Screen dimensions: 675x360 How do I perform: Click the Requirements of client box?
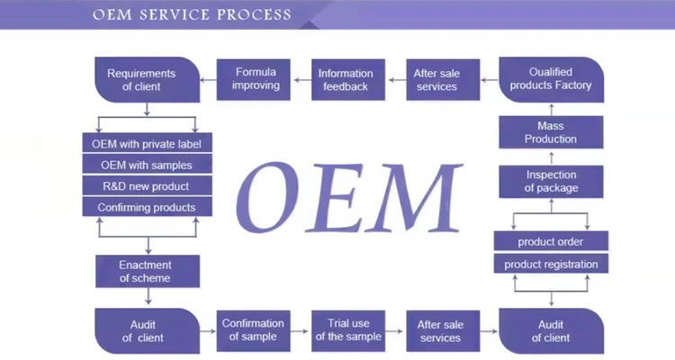[148, 80]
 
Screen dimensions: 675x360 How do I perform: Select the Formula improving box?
[254, 80]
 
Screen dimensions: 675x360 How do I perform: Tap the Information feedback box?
[348, 80]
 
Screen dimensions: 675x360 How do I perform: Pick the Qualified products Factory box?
[552, 80]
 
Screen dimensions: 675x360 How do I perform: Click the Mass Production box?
[551, 132]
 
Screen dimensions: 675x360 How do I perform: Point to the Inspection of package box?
[551, 182]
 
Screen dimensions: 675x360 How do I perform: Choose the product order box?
[551, 241]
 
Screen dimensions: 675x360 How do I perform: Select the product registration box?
[551, 264]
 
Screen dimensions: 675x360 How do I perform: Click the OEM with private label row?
[148, 143]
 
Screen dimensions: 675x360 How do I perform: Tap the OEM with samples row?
[148, 165]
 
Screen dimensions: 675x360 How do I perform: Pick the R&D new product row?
[148, 185]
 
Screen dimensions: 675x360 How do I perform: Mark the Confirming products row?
[148, 207]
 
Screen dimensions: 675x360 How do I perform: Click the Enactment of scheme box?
[148, 271]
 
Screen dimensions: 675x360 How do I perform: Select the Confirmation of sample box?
[254, 330]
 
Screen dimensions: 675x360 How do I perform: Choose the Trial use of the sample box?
[348, 330]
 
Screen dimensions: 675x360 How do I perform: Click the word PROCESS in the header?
[254, 14]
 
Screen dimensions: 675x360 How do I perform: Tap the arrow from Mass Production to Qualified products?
[552, 110]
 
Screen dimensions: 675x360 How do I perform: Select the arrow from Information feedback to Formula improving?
[302, 80]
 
